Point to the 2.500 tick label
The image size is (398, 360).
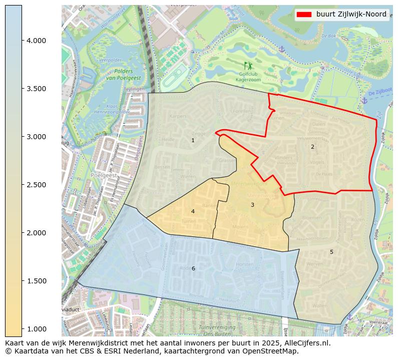point(36,185)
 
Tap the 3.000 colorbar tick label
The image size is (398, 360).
point(36,137)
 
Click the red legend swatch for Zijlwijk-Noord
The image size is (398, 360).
point(304,15)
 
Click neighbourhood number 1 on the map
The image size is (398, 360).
point(193,141)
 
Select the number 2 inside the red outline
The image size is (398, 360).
point(312,147)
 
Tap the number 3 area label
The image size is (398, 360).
point(252,205)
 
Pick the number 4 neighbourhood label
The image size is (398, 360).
point(193,211)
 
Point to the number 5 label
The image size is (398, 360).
point(331,252)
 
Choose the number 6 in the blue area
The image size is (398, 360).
point(193,269)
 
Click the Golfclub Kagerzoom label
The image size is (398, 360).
point(249,77)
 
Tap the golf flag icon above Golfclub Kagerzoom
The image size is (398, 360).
point(248,66)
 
